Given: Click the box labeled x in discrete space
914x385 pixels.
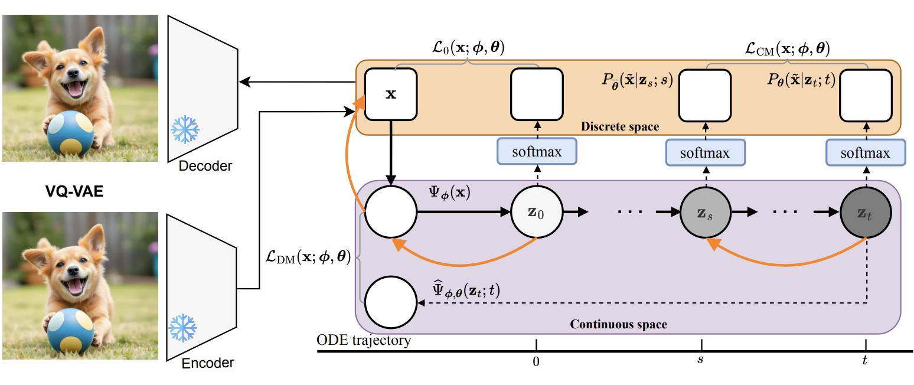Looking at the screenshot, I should click(x=391, y=94).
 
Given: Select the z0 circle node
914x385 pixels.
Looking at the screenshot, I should click(x=536, y=211).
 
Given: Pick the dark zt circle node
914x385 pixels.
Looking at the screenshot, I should click(x=866, y=211).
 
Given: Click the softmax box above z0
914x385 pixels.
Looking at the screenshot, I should click(x=537, y=152).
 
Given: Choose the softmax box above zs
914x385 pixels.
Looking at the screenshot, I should click(x=705, y=153).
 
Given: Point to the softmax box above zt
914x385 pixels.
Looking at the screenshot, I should click(x=866, y=153).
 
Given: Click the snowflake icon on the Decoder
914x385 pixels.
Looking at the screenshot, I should click(x=185, y=129).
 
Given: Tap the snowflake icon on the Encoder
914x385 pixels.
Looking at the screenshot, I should click(x=182, y=329).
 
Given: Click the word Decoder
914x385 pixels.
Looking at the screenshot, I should click(x=205, y=167).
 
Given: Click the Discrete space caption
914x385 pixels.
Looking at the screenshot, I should click(x=620, y=127).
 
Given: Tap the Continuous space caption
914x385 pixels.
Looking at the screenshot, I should click(x=618, y=324).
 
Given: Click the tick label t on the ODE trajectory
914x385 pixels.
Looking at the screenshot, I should click(x=865, y=361).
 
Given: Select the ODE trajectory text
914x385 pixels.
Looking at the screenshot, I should click(x=364, y=341).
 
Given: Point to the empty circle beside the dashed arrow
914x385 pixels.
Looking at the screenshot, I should click(x=390, y=303).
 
